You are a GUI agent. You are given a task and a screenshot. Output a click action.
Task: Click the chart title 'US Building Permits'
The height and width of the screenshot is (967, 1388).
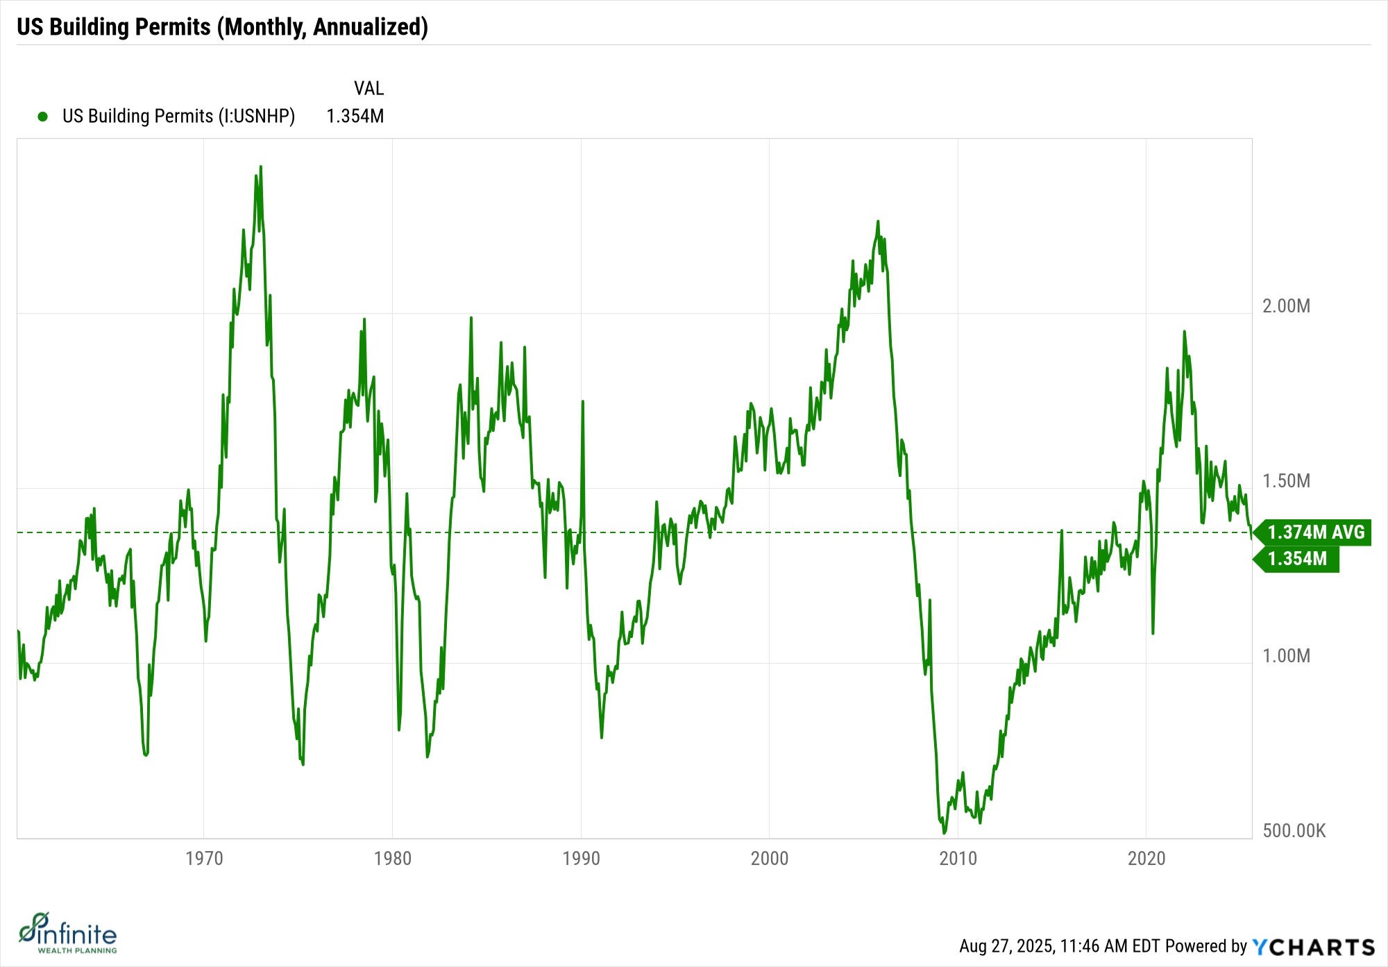(x=222, y=27)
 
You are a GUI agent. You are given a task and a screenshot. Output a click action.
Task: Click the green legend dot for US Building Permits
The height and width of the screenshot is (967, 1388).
(x=43, y=117)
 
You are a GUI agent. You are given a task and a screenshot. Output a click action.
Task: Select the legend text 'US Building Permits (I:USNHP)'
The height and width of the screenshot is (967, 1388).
(x=178, y=116)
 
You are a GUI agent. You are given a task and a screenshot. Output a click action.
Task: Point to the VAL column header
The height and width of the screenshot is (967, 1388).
(x=369, y=88)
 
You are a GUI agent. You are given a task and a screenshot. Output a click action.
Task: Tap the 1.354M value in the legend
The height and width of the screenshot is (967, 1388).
(x=355, y=116)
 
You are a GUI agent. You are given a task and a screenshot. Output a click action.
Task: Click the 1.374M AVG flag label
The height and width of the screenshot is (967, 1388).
(x=1315, y=532)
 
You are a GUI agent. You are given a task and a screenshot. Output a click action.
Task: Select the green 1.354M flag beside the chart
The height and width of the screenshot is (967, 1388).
(x=1297, y=559)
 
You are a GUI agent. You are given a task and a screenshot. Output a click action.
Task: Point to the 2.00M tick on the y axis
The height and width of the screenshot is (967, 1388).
(x=1286, y=306)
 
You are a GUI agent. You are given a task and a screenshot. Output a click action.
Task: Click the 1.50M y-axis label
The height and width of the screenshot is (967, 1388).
(x=1286, y=481)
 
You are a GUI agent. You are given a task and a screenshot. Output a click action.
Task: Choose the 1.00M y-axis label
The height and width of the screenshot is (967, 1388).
(x=1286, y=656)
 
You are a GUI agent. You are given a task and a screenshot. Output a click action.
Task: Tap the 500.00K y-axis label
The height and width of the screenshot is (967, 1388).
(x=1294, y=831)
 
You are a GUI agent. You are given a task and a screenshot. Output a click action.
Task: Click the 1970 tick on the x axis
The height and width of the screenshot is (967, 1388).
(x=204, y=859)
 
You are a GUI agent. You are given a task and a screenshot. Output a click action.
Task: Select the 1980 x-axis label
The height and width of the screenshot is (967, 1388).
(x=393, y=859)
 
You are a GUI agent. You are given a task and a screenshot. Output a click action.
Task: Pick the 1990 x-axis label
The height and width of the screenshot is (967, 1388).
(x=581, y=859)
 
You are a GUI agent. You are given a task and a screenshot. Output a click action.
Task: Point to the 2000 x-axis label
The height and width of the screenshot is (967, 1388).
(x=770, y=859)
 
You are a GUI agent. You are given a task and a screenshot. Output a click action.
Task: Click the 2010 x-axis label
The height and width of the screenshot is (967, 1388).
(x=958, y=859)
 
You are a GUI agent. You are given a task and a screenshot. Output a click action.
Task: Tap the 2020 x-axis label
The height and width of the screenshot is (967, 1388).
(x=1146, y=859)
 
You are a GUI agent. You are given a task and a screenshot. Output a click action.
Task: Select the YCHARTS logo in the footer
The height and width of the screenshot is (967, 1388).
(x=1313, y=947)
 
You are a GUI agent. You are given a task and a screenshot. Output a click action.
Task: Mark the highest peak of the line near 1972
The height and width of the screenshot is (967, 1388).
(x=261, y=167)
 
